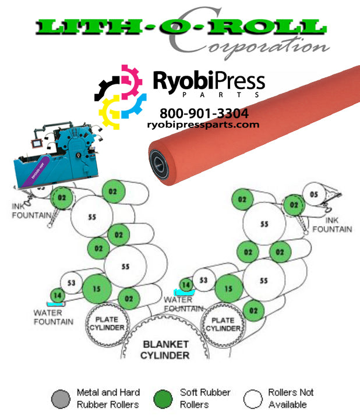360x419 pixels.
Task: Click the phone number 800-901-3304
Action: pyautogui.click(x=204, y=113)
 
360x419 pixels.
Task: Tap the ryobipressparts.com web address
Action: pyautogui.click(x=203, y=125)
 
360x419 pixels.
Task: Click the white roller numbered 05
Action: pyautogui.click(x=314, y=195)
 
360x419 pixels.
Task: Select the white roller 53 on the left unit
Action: pyautogui.click(x=72, y=283)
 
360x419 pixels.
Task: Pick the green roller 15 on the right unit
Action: pyautogui.click(x=229, y=288)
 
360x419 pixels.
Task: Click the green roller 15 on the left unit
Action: pyautogui.click(x=96, y=288)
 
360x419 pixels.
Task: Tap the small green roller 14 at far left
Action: pyautogui.click(x=57, y=296)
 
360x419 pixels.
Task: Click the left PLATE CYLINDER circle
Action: pyautogui.click(x=106, y=324)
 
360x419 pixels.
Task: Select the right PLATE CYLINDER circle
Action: pyautogui.click(x=223, y=324)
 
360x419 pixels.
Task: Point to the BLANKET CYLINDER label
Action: pyautogui.click(x=166, y=349)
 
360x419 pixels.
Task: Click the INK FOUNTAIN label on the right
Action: pyautogui.click(x=332, y=225)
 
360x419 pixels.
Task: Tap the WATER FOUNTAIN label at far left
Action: pyautogui.click(x=52, y=317)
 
